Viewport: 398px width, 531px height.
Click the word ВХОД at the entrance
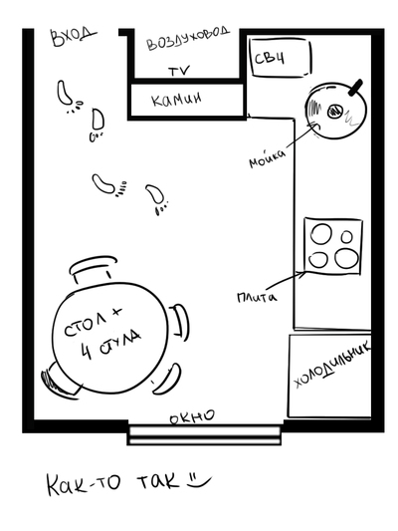point(73,36)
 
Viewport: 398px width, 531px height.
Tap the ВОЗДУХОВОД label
point(188,39)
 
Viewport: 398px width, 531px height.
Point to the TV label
point(179,71)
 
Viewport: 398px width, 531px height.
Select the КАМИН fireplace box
point(186,100)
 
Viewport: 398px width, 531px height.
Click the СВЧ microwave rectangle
point(281,58)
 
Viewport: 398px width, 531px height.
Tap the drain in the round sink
point(335,111)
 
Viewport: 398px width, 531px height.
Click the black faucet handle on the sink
point(356,87)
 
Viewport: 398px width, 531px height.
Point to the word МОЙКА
point(267,158)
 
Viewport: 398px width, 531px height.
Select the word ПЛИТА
point(257,297)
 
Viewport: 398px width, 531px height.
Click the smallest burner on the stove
point(346,236)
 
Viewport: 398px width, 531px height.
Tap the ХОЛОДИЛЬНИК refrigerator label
point(332,366)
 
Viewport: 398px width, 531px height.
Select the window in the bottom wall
point(204,434)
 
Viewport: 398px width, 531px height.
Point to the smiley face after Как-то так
point(200,481)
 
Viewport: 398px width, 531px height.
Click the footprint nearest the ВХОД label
point(64,92)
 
